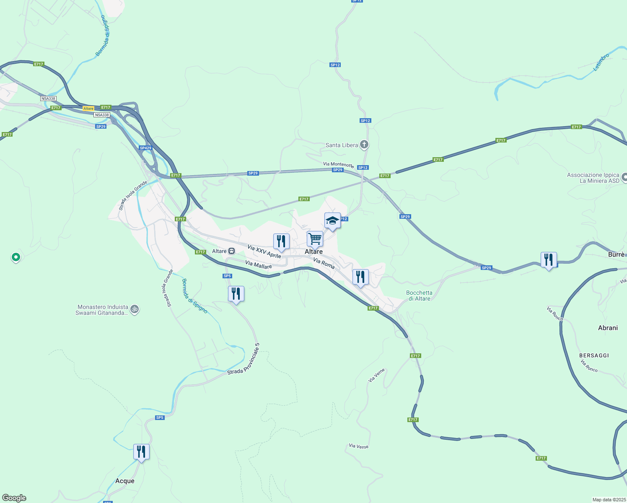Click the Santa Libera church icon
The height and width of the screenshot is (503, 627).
[364, 145]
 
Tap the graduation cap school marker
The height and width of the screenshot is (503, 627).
[332, 221]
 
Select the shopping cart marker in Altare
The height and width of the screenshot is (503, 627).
[315, 239]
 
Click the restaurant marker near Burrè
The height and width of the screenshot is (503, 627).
[549, 260]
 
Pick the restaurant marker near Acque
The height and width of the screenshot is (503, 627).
[141, 452]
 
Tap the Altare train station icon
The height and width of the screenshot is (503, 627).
[231, 251]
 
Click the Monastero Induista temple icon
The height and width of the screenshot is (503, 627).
[135, 310]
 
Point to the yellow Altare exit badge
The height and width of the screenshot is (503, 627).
[88, 109]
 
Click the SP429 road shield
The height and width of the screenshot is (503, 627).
[145, 148]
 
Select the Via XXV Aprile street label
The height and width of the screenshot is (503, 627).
[264, 251]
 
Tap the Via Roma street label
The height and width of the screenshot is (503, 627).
[324, 263]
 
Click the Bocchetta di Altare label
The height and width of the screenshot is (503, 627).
[419, 296]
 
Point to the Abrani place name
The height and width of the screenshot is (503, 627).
[608, 328]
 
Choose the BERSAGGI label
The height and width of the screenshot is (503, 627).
[594, 355]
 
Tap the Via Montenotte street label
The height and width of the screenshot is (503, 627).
[338, 165]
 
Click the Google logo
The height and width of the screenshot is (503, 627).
[14, 498]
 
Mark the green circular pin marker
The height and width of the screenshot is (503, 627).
[16, 257]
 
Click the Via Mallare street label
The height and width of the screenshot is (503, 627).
[258, 265]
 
